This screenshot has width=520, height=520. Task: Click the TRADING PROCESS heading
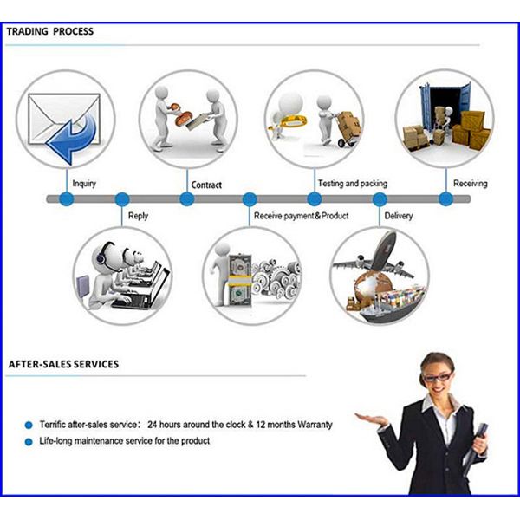[50, 31]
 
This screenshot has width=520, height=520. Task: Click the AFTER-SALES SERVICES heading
[63, 364]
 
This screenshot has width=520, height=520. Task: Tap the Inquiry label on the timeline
[84, 184]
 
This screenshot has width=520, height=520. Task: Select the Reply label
[138, 215]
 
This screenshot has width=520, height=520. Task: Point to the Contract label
[206, 185]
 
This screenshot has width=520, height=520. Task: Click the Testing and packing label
[353, 184]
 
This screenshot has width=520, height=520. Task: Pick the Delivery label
[399, 215]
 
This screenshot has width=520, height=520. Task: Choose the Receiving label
[471, 184]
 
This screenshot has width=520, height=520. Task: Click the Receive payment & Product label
[301, 215]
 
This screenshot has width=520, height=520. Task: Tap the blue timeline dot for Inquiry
[67, 199]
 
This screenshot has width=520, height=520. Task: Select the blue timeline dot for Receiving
[445, 199]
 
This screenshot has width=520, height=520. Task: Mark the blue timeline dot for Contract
[187, 199]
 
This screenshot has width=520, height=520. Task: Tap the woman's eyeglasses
[438, 378]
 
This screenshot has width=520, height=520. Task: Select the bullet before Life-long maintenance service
[29, 441]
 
